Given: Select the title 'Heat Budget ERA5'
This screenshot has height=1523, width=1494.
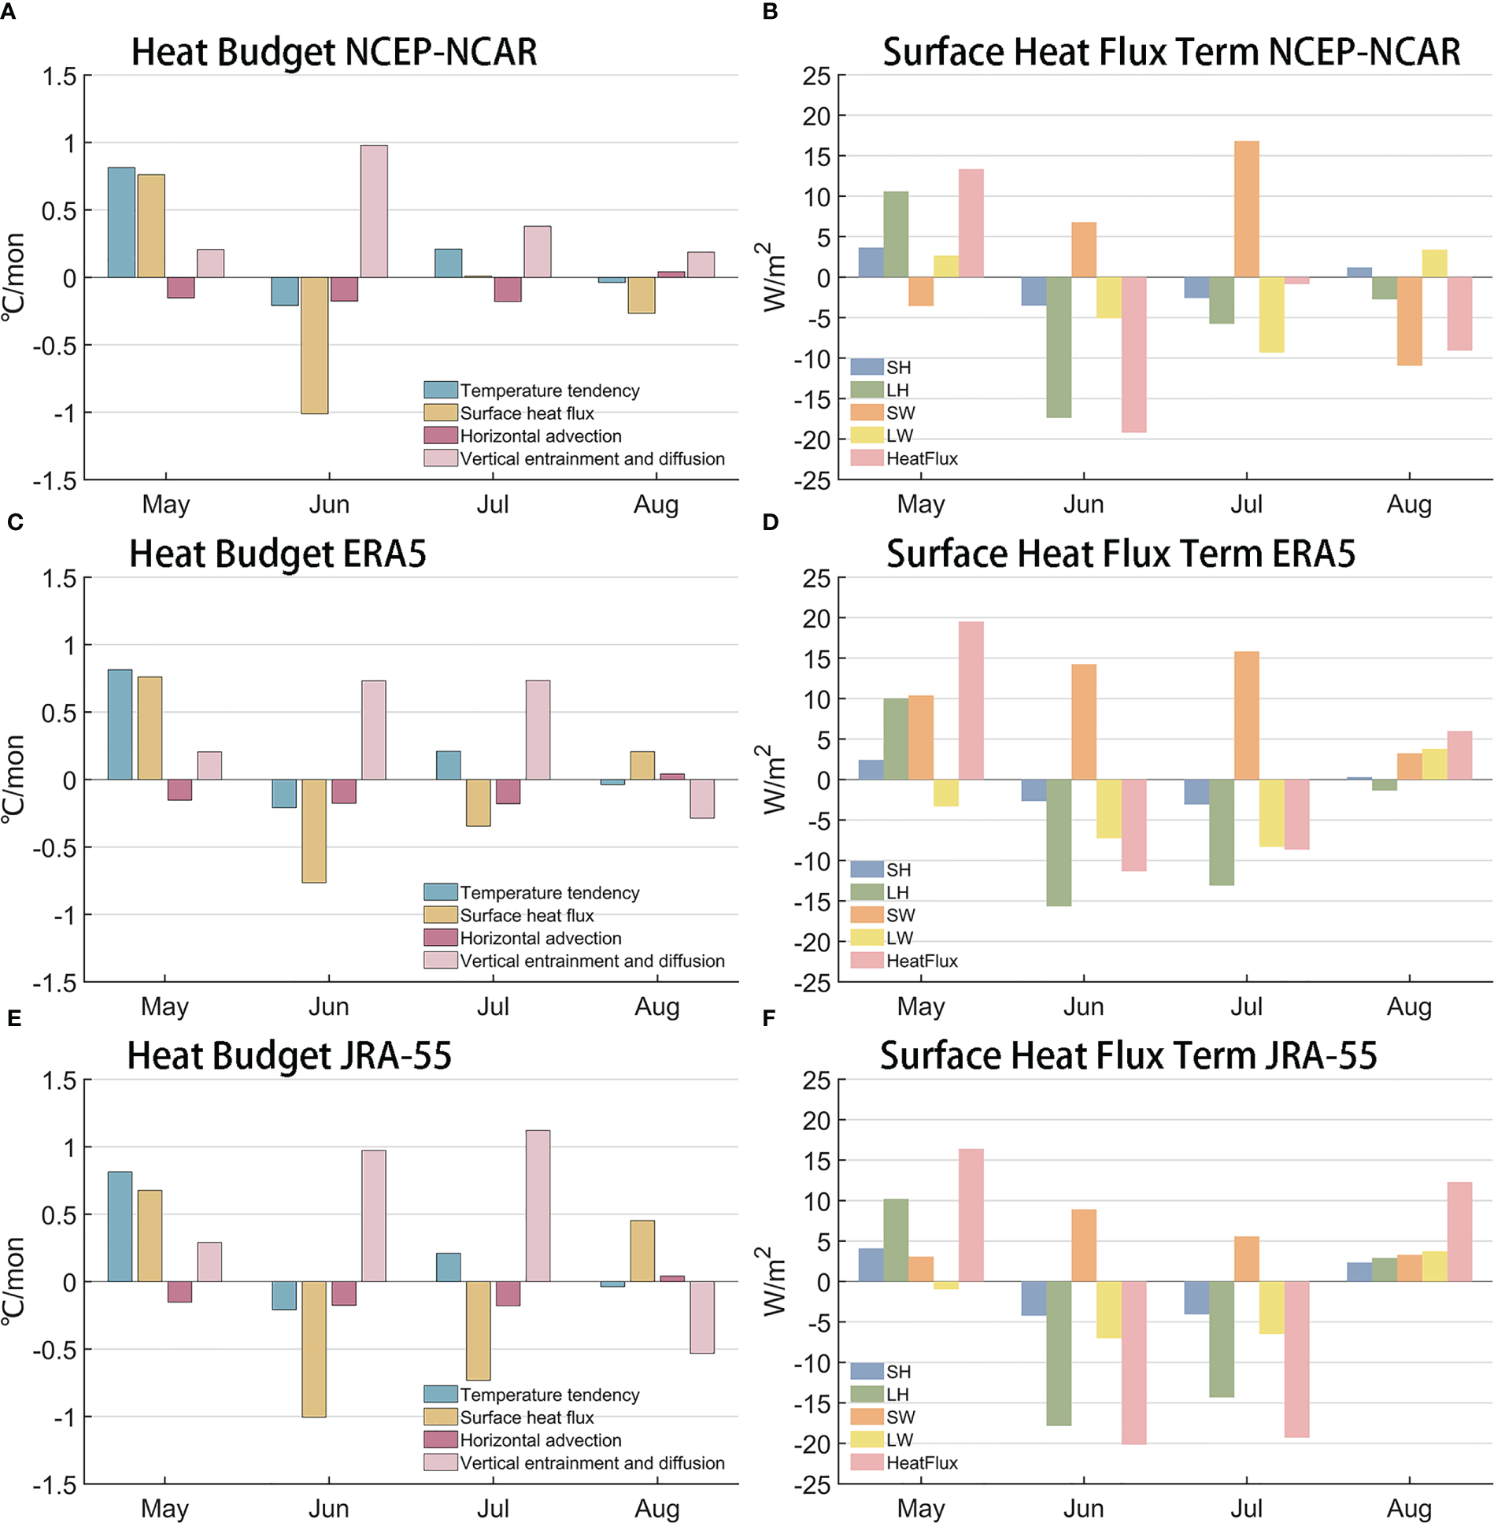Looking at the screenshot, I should pyautogui.click(x=277, y=554).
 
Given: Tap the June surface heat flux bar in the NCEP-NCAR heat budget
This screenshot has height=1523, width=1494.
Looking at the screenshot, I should pyautogui.click(x=314, y=345).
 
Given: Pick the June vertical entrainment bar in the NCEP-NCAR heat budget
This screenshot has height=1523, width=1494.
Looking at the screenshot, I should pyautogui.click(x=374, y=211).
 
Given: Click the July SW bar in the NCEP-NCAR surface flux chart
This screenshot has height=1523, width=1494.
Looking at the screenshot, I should pyautogui.click(x=1246, y=209).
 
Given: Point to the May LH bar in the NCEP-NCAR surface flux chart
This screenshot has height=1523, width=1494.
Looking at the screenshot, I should pyautogui.click(x=895, y=234).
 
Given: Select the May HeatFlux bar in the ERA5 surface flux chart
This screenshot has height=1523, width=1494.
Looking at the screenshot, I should pyautogui.click(x=971, y=700).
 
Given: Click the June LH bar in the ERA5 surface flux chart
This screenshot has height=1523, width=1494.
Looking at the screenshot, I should pyautogui.click(x=1059, y=842).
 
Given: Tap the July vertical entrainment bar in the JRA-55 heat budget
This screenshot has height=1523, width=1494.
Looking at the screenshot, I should pyautogui.click(x=538, y=1206).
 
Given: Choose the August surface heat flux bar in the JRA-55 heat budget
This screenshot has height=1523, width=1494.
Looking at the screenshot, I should pyautogui.click(x=642, y=1251).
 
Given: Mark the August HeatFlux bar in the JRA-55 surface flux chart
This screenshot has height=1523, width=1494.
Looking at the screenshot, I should pyautogui.click(x=1459, y=1232).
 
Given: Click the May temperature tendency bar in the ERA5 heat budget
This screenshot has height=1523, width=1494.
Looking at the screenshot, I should pyautogui.click(x=120, y=724).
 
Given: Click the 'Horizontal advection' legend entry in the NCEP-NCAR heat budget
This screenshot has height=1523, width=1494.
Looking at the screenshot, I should pyautogui.click(x=540, y=435).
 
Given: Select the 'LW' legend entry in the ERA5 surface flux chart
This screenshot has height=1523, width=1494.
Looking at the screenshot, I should pyautogui.click(x=899, y=938).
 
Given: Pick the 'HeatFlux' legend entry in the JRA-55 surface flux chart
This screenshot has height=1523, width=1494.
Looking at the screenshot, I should pyautogui.click(x=922, y=1462).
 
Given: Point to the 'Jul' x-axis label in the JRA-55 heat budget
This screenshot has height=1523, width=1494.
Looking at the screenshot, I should pyautogui.click(x=493, y=1507).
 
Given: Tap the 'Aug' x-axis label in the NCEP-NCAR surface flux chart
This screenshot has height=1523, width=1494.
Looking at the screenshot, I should pyautogui.click(x=1408, y=504).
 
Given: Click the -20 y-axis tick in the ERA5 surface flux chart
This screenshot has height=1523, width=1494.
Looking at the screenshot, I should pyautogui.click(x=812, y=942).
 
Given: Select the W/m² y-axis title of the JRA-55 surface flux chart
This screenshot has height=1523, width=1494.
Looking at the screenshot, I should pyautogui.click(x=775, y=1281).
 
